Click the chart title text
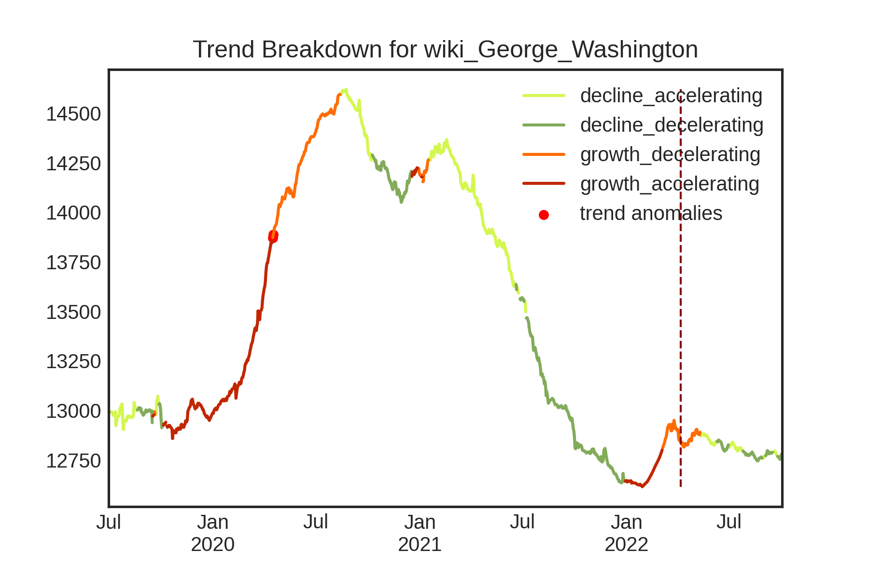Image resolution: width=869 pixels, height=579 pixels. [x=445, y=50]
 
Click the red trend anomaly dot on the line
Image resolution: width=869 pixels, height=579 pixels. [x=273, y=236]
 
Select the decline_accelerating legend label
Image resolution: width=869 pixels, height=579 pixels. [x=671, y=96]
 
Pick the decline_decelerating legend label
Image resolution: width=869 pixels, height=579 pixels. [x=672, y=125]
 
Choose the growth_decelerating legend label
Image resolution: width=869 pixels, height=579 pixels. [x=670, y=154]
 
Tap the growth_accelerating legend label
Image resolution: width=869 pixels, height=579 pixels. [x=670, y=184]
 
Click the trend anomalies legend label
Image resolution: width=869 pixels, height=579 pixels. [x=651, y=213]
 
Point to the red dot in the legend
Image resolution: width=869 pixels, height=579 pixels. [x=544, y=215]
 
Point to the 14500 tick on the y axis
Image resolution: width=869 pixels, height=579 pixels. [x=73, y=114]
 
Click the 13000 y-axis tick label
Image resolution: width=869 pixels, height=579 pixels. [x=73, y=412]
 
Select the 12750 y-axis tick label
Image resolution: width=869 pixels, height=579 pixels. [x=73, y=461]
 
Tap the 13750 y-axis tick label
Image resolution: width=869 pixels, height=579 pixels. [x=73, y=263]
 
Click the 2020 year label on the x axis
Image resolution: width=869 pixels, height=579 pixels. [x=213, y=545]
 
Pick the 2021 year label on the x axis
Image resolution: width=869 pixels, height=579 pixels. [x=420, y=545]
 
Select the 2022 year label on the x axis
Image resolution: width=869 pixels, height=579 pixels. [x=626, y=545]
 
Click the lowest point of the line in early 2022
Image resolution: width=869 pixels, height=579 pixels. [x=642, y=486]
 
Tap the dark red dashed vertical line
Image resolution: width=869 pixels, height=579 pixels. [x=681, y=289]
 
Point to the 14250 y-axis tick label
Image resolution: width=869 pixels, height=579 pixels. [x=73, y=164]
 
